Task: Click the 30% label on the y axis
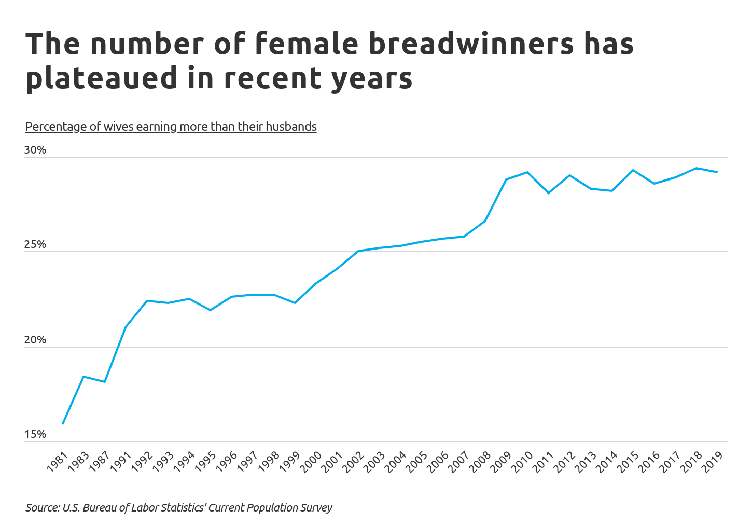[35, 150]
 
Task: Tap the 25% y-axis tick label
[35, 245]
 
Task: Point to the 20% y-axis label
[35, 340]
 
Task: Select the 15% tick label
[35, 435]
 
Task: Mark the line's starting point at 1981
[63, 424]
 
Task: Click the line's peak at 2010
[527, 172]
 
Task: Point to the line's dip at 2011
[548, 193]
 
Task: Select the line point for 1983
[83, 377]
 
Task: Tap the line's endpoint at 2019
[717, 172]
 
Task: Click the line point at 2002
[358, 251]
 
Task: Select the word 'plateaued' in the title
[102, 78]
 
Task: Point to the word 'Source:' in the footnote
[43, 508]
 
